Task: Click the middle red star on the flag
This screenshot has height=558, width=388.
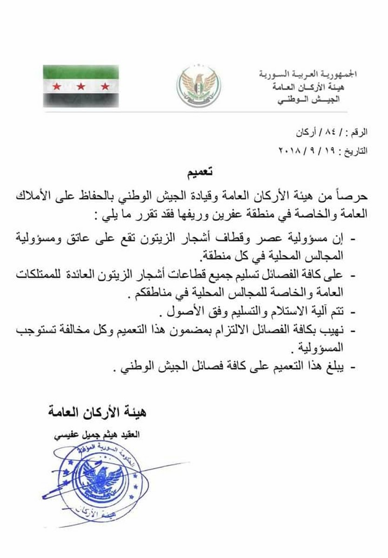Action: pos(81,86)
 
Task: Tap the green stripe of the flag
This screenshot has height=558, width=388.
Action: pos(81,72)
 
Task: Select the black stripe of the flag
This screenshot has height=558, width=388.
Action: pos(81,99)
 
